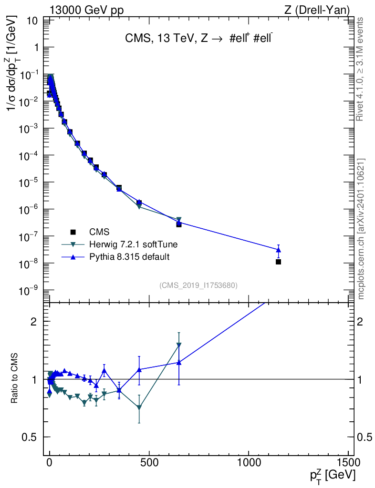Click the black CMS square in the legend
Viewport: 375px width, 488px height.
coord(73,232)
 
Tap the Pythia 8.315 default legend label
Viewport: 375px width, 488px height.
coord(129,257)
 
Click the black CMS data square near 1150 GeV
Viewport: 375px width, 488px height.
coord(278,262)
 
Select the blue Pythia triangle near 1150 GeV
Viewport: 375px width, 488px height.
coord(278,250)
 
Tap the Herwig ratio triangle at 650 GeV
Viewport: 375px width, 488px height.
coord(179,345)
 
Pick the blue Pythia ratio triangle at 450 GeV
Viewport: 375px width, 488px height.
coord(139,370)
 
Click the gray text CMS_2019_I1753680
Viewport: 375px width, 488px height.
coord(198,285)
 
